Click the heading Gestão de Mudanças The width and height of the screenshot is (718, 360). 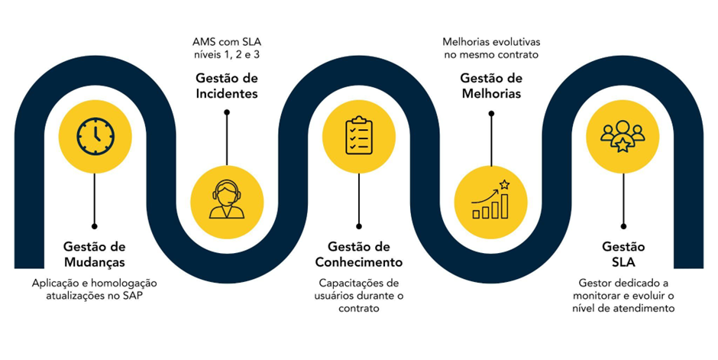tap(94, 255)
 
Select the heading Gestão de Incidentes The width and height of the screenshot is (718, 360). tap(226, 86)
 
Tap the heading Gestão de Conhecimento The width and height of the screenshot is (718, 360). tap(358, 255)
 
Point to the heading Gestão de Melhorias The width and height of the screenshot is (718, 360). tap(491, 86)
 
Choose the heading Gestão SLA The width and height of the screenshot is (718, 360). tap(623, 255)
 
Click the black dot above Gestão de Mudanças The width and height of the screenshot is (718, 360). tap(94, 226)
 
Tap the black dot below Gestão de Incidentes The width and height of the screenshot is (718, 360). tap(226, 112)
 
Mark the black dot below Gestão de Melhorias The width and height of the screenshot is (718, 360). tap(491, 113)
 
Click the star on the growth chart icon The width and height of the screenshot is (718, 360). tap(504, 184)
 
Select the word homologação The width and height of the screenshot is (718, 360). tap(121, 283)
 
